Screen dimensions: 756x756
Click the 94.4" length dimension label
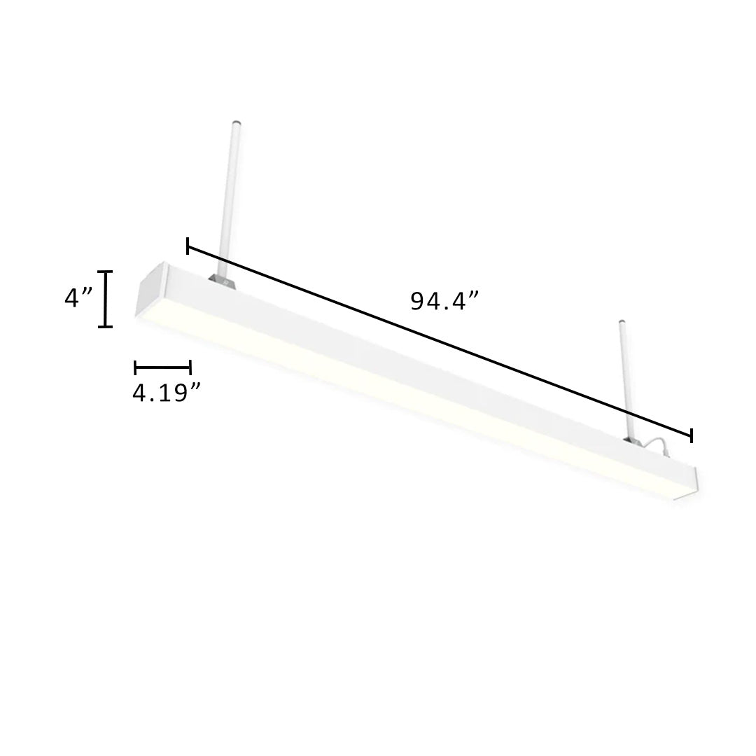pos(444,302)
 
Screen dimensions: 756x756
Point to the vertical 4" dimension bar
pos(105,299)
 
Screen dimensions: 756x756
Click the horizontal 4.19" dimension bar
pos(162,366)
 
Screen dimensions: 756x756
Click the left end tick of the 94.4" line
pos(188,246)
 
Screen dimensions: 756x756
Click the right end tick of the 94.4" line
pos(692,435)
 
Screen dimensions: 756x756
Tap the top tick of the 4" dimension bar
pos(105,272)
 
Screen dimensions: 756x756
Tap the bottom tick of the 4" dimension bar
pos(105,326)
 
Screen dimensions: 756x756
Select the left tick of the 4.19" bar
pos(135,366)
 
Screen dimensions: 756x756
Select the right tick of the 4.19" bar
pos(190,366)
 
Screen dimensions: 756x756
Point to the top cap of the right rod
pos(620,323)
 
